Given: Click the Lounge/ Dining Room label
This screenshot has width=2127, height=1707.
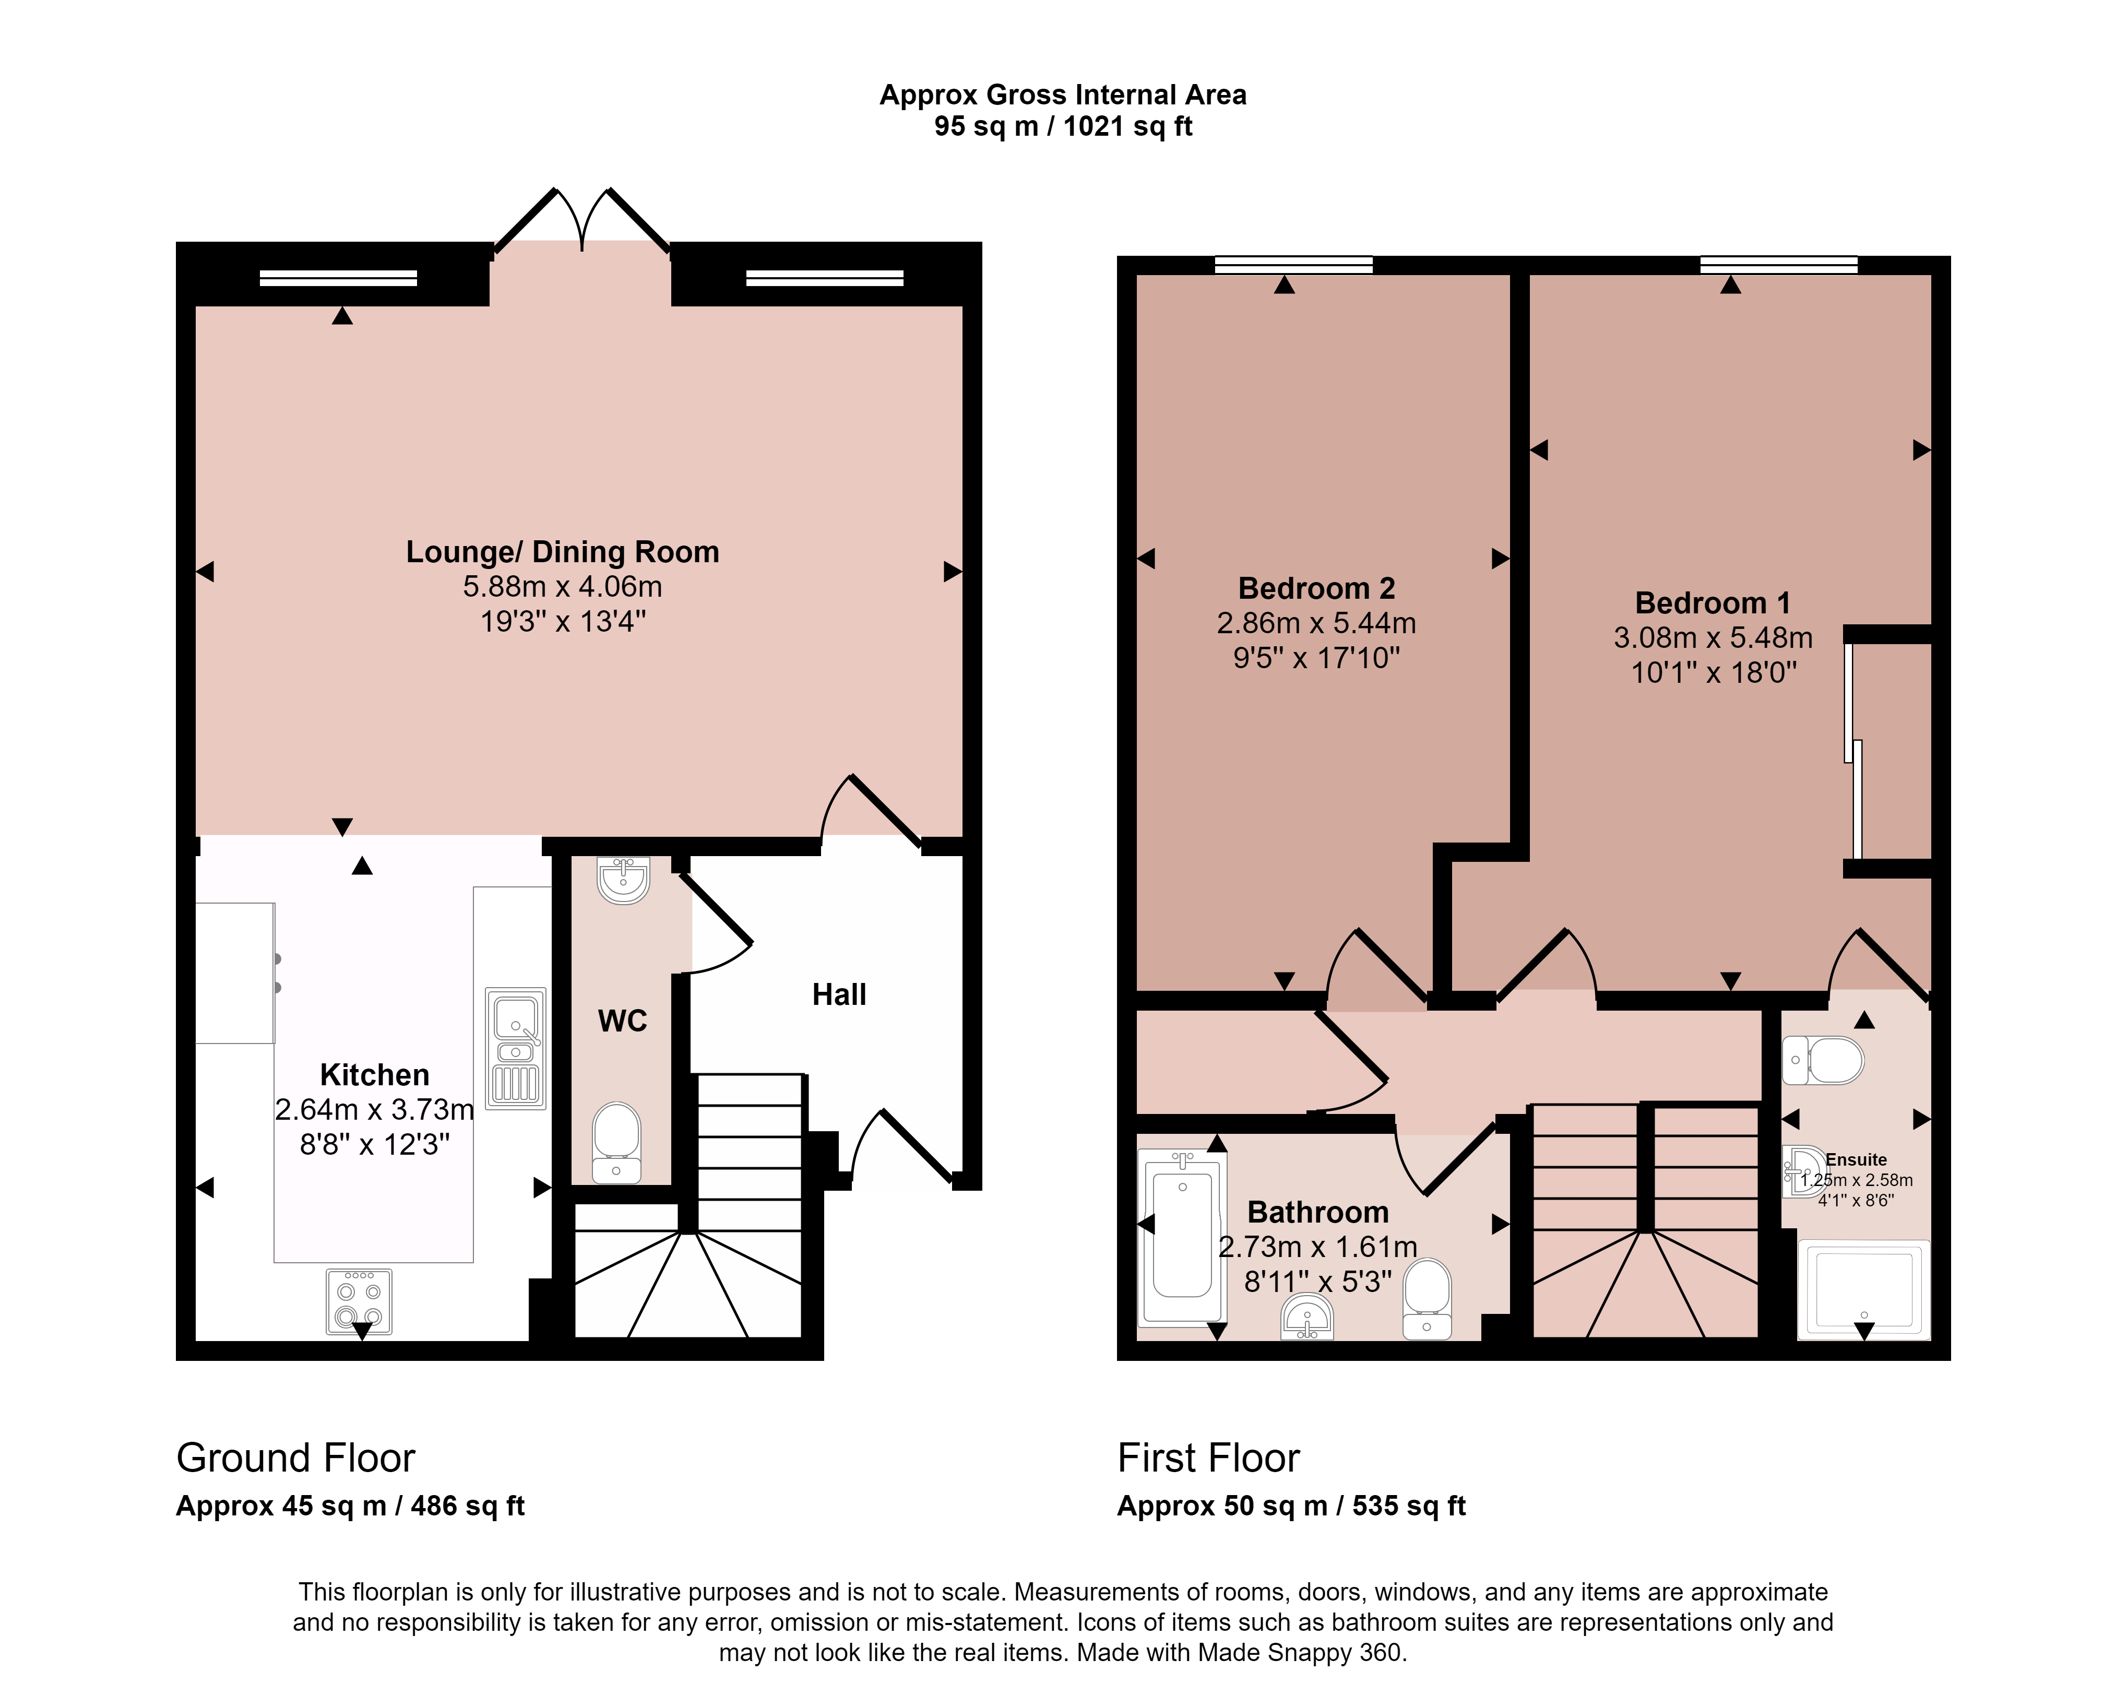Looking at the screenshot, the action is click(x=562, y=552).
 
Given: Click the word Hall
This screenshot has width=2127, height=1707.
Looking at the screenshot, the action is click(x=839, y=994).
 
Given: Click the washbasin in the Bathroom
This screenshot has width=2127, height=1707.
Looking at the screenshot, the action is click(x=1307, y=1317).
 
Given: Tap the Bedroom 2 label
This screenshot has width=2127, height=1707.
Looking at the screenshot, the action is click(x=1317, y=588).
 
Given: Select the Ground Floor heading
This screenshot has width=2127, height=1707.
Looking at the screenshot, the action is click(x=296, y=1457).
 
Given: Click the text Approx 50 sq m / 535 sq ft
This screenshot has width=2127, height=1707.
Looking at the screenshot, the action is click(x=1291, y=1506).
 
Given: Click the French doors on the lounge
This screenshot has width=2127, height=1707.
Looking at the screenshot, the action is click(x=582, y=219).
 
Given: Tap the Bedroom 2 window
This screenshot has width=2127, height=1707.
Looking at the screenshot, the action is click(x=1293, y=265).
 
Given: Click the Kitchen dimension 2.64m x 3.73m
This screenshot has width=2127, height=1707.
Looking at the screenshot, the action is click(x=375, y=1109).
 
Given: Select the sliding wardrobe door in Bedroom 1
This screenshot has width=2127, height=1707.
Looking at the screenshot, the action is click(x=1853, y=750).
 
